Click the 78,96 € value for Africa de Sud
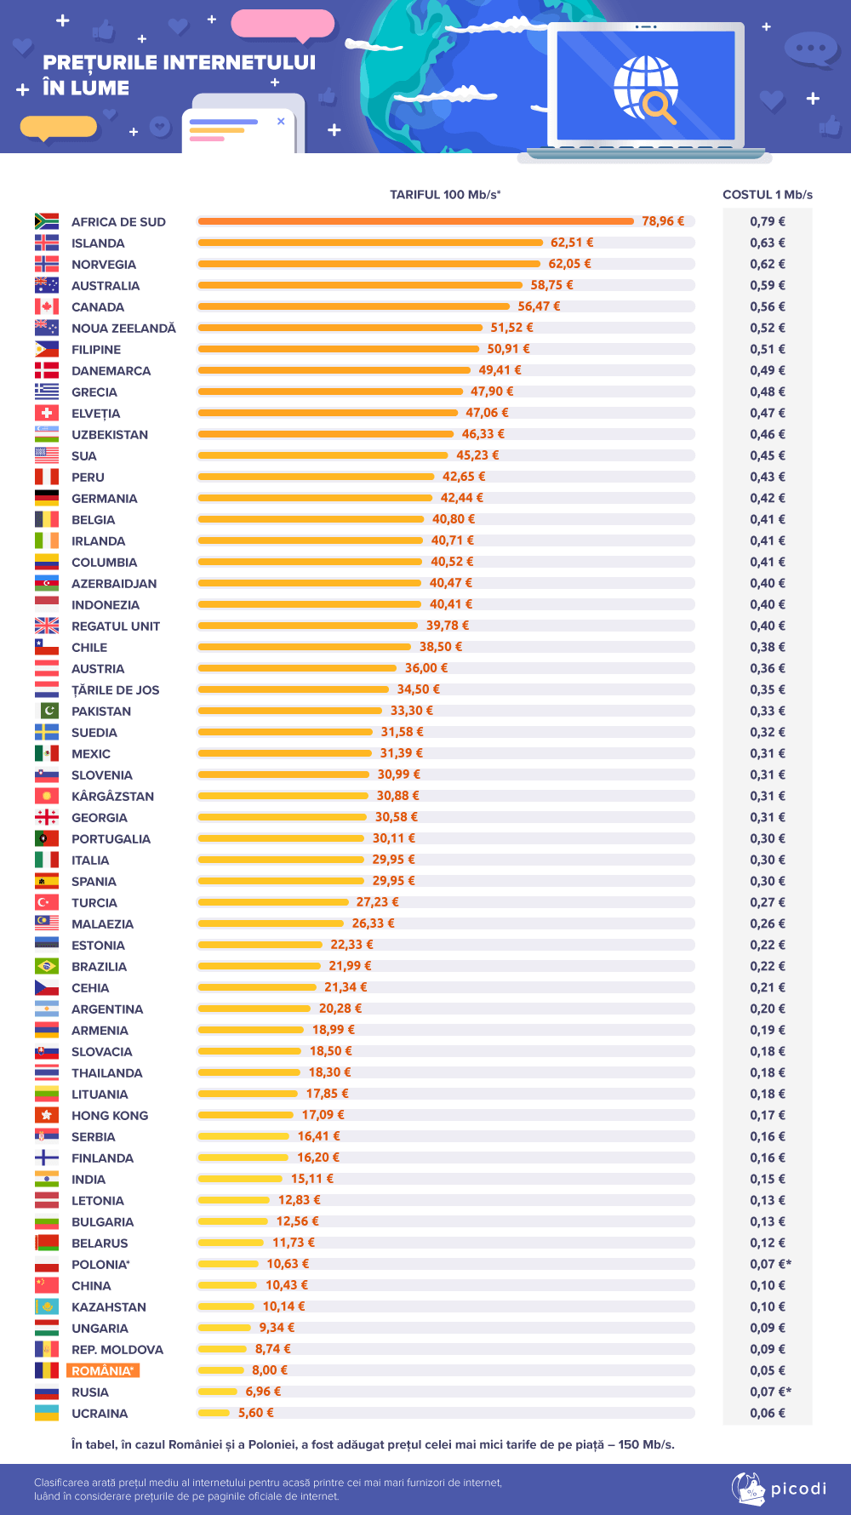click(663, 221)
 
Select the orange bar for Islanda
click(370, 243)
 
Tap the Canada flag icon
click(47, 306)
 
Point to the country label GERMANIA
click(104, 499)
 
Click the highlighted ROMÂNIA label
click(103, 1371)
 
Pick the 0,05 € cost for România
click(768, 1370)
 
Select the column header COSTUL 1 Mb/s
click(768, 195)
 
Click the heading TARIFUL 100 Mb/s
click(445, 195)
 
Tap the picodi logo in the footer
click(779, 1489)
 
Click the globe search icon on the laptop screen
click(647, 89)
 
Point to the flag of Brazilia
click(47, 966)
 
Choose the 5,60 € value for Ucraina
click(256, 1413)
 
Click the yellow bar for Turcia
click(273, 902)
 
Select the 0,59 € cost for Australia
click(768, 285)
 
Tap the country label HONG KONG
click(110, 1116)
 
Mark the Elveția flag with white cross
click(47, 413)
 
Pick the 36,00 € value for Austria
click(426, 668)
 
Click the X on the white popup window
click(281, 122)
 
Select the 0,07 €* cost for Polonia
click(770, 1264)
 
